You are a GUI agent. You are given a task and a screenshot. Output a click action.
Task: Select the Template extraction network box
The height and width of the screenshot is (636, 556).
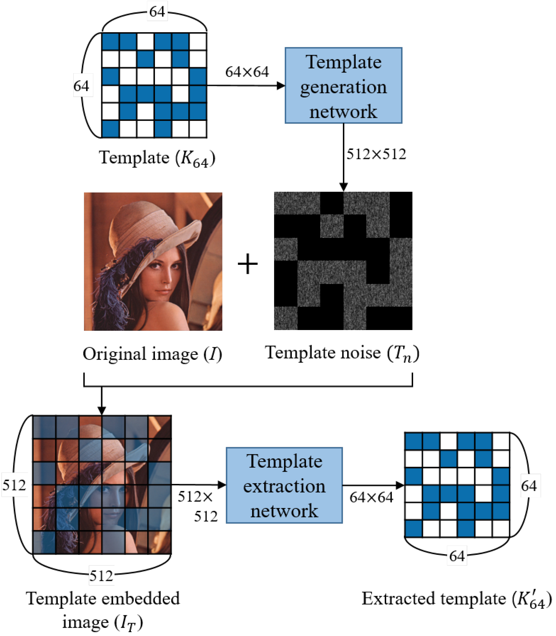pyautogui.click(x=284, y=485)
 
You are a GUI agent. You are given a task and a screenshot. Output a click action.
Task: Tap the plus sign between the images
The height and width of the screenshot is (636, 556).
pyautogui.click(x=248, y=264)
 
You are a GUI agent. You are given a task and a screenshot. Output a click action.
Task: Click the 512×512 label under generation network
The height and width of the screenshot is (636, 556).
pyautogui.click(x=376, y=154)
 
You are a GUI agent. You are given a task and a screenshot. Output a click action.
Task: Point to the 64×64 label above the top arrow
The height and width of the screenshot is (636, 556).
pyautogui.click(x=247, y=72)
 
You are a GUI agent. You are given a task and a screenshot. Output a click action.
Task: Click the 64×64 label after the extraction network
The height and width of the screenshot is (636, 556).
pyautogui.click(x=371, y=498)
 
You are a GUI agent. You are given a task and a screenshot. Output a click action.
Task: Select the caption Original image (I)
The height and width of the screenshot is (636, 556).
pyautogui.click(x=152, y=354)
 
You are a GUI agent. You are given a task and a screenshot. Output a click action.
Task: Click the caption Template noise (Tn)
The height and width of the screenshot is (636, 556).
pyautogui.click(x=342, y=353)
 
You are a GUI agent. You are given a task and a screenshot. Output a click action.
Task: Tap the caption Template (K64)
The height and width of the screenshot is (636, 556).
pyautogui.click(x=157, y=158)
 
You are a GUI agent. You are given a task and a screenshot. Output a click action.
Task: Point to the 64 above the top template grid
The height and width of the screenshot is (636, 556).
pyautogui.click(x=157, y=12)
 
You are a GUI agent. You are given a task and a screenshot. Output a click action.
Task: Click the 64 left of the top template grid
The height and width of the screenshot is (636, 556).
pyautogui.click(x=81, y=86)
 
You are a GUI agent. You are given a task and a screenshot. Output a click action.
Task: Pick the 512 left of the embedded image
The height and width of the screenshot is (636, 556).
pyautogui.click(x=14, y=485)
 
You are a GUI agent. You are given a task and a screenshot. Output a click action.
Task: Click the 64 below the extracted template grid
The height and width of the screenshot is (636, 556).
pyautogui.click(x=457, y=556)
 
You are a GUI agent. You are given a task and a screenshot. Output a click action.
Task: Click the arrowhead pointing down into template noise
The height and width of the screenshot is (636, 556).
pyautogui.click(x=344, y=187)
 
